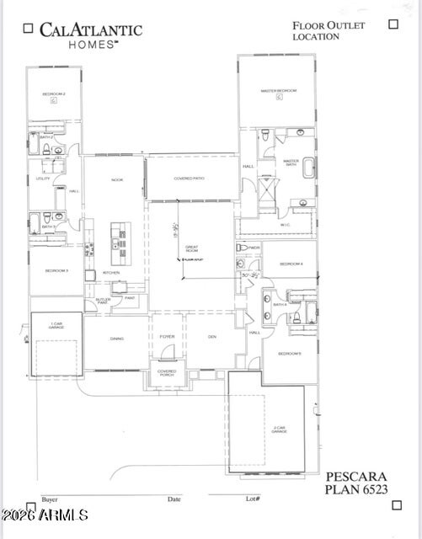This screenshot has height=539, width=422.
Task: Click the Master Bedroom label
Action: tap(277, 90)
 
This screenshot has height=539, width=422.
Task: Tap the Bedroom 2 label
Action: tap(53, 93)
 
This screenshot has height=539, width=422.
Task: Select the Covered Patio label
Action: tap(190, 179)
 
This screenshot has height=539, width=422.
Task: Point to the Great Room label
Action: tap(191, 248)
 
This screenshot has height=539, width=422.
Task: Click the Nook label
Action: tap(117, 179)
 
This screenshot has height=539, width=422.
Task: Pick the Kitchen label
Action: tap(111, 273)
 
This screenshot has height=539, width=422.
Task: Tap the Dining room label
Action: tap(116, 338)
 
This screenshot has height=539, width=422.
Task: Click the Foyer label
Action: tap(167, 337)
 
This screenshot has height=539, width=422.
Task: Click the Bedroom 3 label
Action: tap(56, 270)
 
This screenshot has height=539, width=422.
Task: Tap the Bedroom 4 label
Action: tap(291, 264)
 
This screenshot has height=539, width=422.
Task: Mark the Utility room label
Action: tap(43, 179)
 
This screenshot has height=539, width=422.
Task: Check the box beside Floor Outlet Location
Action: tap(393, 24)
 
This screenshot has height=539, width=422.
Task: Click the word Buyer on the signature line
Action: tap(50, 499)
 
